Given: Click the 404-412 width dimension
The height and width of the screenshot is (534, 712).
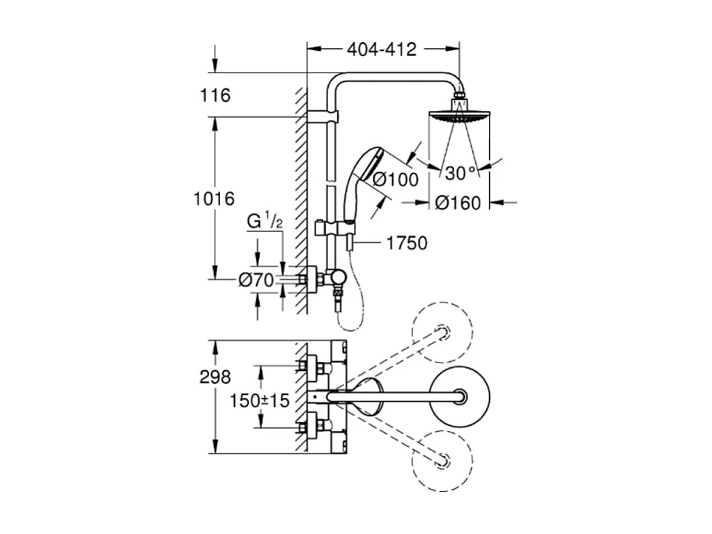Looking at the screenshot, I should [x=382, y=49].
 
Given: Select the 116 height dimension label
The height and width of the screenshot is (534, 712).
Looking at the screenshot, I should [x=215, y=96].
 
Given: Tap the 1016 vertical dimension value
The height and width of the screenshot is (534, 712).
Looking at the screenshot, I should [x=213, y=199].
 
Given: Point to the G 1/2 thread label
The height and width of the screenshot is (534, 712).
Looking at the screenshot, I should [x=265, y=222].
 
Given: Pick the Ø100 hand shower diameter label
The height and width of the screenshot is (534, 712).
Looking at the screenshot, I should [x=395, y=179].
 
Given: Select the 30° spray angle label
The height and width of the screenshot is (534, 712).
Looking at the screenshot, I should [x=460, y=173].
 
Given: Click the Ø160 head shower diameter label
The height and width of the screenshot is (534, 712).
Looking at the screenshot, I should [x=458, y=203].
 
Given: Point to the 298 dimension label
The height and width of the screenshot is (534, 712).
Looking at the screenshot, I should [x=215, y=377].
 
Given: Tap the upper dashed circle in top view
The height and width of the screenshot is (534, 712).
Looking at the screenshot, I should [x=442, y=331].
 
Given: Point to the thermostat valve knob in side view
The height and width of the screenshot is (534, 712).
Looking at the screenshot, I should [x=338, y=279].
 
